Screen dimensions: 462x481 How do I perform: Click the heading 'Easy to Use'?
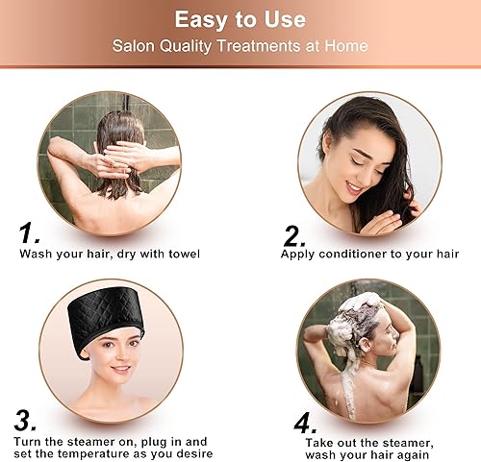240,19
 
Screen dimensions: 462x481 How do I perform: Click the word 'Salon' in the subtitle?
132,45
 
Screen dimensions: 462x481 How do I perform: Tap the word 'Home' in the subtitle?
347,45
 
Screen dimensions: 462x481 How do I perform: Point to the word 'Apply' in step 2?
297,254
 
